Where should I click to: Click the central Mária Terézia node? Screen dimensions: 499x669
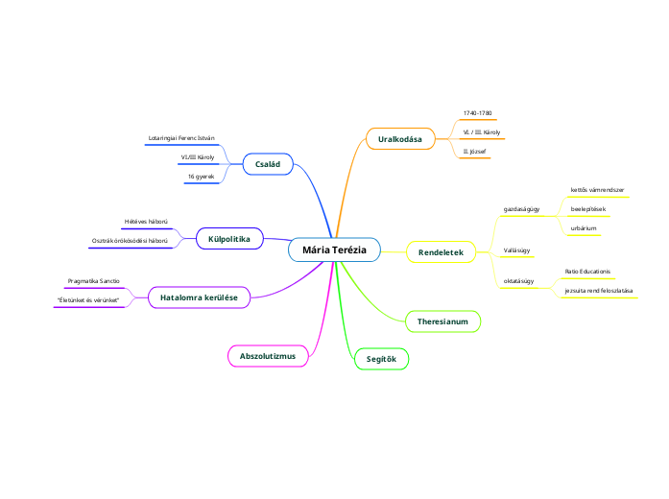[x=334, y=249]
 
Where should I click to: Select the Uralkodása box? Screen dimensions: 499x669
[x=400, y=139]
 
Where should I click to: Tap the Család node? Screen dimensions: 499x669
[x=268, y=165]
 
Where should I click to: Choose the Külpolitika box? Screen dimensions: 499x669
[x=229, y=238]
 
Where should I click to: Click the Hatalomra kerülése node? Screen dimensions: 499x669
[x=199, y=298]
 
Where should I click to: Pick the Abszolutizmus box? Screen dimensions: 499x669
[x=268, y=356]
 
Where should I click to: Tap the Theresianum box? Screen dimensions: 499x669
[x=442, y=321]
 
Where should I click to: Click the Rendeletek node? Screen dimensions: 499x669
[x=441, y=252]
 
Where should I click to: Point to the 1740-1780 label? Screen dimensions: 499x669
[x=477, y=113]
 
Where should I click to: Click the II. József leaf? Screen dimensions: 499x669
[x=474, y=152]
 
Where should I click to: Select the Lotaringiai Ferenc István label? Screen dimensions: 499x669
[x=181, y=139]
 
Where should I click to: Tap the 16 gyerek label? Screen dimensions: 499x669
[x=201, y=177]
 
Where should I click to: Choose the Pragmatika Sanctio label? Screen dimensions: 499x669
[x=93, y=280]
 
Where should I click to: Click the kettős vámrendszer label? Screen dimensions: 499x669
[x=597, y=190]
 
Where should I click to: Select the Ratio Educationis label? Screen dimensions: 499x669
[x=587, y=272]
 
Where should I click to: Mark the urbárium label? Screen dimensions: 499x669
[x=584, y=228]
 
